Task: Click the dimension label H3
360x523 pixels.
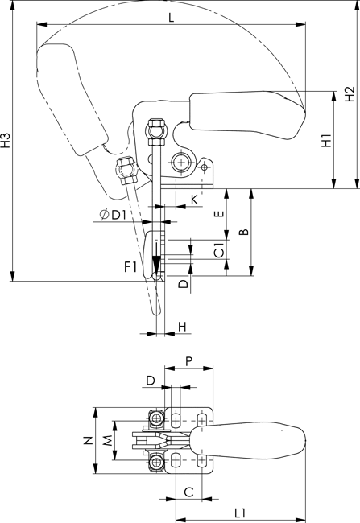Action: [6, 140]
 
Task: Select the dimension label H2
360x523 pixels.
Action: [350, 94]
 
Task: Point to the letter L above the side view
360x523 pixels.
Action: [171, 18]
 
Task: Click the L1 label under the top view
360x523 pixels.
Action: [240, 513]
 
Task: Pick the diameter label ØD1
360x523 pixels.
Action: [114, 215]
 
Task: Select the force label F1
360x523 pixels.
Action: [130, 267]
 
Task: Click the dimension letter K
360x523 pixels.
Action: [194, 200]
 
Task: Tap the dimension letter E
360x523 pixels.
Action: [219, 212]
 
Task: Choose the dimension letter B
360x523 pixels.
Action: [245, 232]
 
